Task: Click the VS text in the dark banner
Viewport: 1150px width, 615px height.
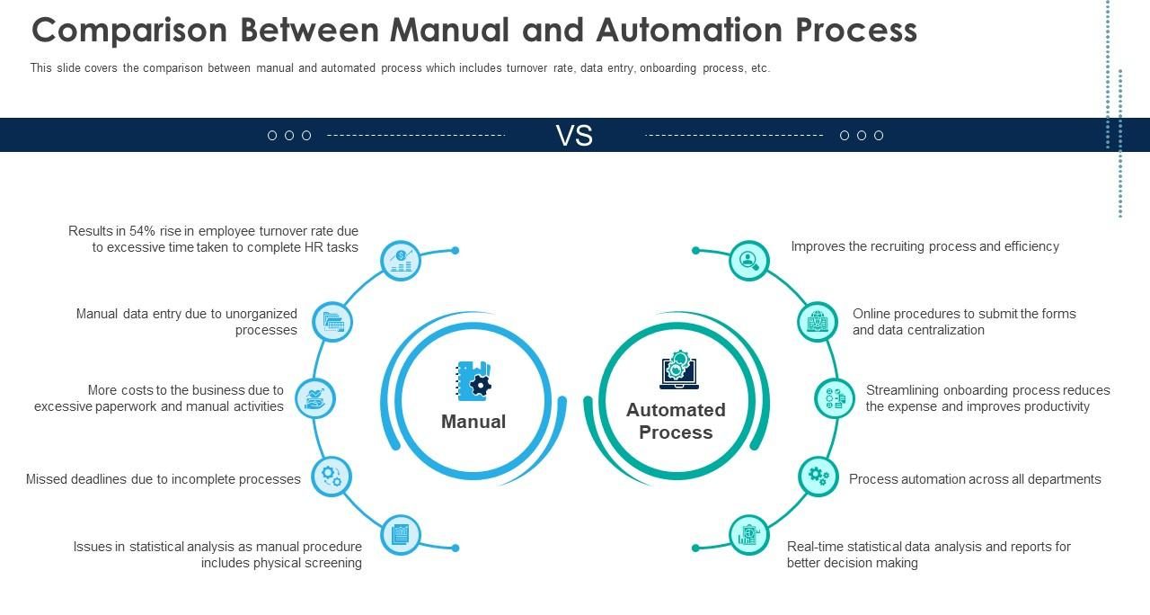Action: click(x=574, y=136)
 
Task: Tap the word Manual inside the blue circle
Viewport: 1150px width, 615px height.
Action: click(x=473, y=422)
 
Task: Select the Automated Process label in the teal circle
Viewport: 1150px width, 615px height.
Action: click(x=676, y=421)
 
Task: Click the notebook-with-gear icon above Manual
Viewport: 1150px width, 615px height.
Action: click(x=473, y=380)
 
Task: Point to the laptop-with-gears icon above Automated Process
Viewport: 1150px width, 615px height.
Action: click(x=678, y=370)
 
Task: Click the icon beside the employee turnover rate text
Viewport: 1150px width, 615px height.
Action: click(x=401, y=261)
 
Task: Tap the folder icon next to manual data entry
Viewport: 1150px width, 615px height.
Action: click(x=332, y=322)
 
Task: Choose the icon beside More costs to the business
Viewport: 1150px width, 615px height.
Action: click(x=315, y=398)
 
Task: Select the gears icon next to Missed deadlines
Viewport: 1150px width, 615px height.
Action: click(x=332, y=477)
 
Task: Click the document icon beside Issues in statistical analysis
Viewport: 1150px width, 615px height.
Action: click(x=401, y=535)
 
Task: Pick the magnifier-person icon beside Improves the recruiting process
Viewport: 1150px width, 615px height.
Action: click(x=749, y=261)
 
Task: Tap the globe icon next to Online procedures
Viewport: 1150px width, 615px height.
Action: click(x=818, y=322)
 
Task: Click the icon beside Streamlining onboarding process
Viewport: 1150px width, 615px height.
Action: click(x=835, y=398)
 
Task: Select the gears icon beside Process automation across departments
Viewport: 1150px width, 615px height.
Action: click(x=818, y=477)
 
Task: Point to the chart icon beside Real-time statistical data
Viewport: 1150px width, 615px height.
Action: click(x=749, y=535)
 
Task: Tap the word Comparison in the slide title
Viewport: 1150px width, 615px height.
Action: click(x=129, y=31)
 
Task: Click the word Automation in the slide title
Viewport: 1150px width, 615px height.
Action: click(x=689, y=30)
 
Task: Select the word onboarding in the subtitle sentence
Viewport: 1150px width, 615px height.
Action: click(x=668, y=68)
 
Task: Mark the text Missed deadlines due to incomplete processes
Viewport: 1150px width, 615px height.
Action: click(x=164, y=479)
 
